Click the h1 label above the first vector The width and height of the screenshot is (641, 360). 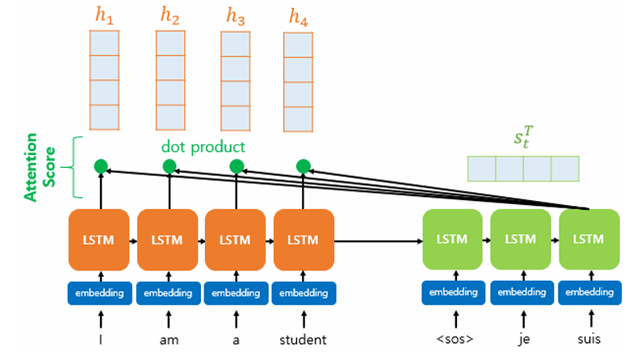(x=104, y=15)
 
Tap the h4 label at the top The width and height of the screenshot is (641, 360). (x=299, y=17)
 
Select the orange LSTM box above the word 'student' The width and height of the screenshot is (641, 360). (x=304, y=240)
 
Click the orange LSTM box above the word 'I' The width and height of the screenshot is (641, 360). (x=99, y=240)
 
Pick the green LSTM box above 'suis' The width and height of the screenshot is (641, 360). (x=589, y=240)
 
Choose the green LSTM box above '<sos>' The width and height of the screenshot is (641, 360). (x=453, y=240)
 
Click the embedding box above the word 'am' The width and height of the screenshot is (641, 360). (x=168, y=293)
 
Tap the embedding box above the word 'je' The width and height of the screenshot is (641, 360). (x=522, y=292)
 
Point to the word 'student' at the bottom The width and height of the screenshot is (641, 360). (x=303, y=340)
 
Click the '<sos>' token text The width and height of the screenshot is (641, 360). (x=455, y=339)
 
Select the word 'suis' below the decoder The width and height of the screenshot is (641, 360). (x=589, y=339)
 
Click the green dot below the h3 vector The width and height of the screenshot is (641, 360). (x=237, y=166)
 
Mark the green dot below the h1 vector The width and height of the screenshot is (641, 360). (x=101, y=166)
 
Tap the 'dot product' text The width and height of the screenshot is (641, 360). (x=203, y=147)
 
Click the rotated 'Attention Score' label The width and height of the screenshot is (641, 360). (x=40, y=167)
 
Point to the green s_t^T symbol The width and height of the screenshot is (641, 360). (x=524, y=137)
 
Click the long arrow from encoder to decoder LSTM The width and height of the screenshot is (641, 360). (x=379, y=241)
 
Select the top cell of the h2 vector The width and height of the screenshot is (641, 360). (x=170, y=43)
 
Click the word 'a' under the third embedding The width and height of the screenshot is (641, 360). (x=236, y=341)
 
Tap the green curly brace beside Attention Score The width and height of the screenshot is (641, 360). (x=73, y=167)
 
